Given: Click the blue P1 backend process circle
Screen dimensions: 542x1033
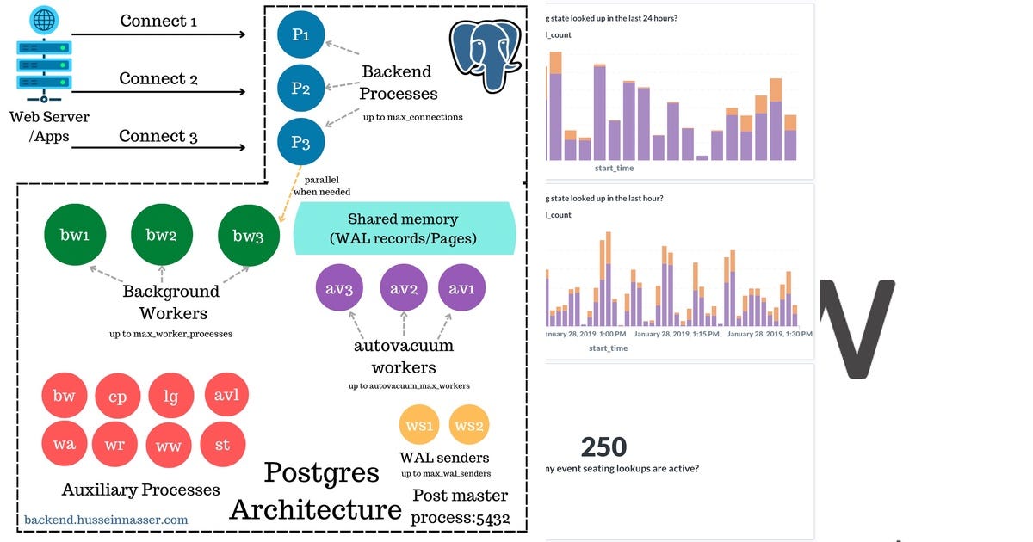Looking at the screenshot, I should [300, 34].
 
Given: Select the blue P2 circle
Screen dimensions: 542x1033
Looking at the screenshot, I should [300, 89].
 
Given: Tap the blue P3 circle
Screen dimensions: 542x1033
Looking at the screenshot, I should [300, 142].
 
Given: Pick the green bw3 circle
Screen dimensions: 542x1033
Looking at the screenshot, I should [248, 235].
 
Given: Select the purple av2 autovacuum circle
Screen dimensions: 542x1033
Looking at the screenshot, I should [404, 288].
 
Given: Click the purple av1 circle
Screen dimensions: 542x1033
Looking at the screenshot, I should [462, 288].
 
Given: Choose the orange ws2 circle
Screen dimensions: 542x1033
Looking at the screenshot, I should [470, 426].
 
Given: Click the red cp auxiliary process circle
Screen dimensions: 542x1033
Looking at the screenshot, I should [117, 397].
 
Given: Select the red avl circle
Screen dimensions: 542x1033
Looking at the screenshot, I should [226, 396].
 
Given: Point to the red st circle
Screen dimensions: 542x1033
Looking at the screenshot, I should [222, 445].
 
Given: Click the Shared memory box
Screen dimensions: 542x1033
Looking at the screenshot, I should [405, 228].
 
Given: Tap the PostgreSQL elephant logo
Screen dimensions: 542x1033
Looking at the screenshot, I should [486, 54].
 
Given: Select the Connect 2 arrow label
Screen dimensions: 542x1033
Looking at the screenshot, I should [158, 78].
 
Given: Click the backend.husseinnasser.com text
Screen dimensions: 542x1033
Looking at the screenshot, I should [106, 519].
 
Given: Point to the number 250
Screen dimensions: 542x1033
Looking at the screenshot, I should [603, 447].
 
